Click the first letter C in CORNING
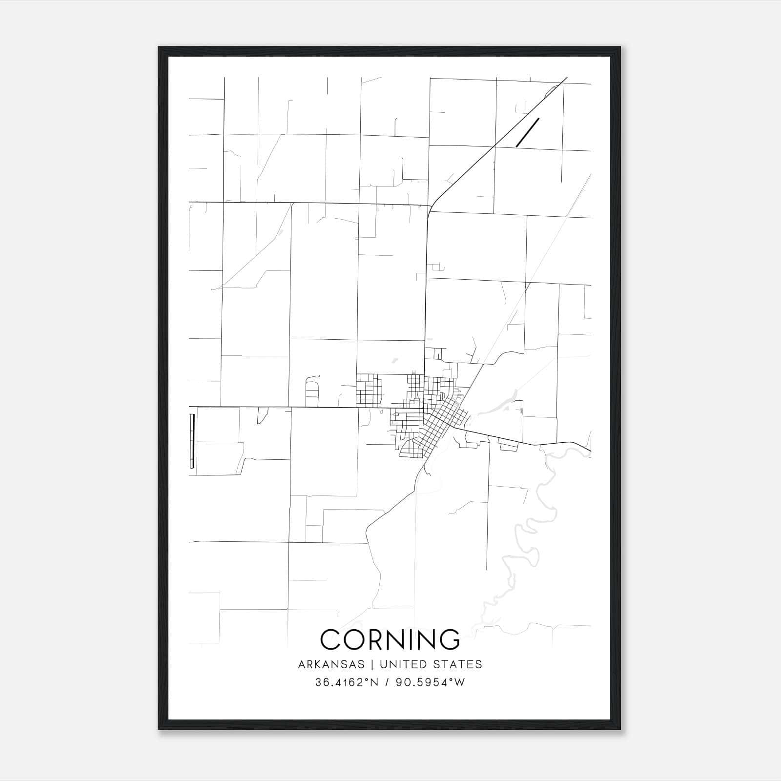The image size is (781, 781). (x=330, y=639)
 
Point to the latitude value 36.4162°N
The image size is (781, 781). (x=347, y=682)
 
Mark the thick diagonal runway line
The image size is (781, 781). (x=527, y=132)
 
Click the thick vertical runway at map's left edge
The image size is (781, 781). (x=192, y=441)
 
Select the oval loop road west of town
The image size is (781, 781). (x=310, y=393)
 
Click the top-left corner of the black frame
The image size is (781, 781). (x=159, y=47)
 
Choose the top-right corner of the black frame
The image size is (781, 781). (x=620, y=47)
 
